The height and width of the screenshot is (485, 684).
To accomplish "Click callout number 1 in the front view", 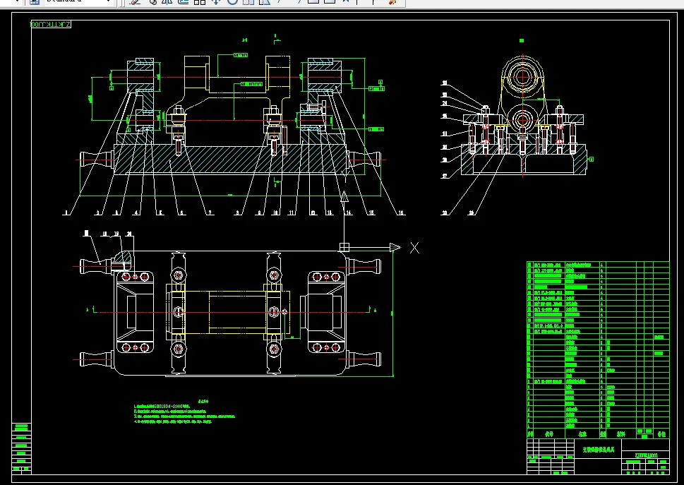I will click(x=64, y=211).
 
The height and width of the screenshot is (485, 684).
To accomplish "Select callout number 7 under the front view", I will click(x=210, y=211).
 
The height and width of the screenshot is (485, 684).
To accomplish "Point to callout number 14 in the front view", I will click(x=348, y=211).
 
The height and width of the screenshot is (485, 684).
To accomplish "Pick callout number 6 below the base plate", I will click(x=181, y=211).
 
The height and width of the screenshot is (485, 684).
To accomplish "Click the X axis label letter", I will click(x=415, y=248).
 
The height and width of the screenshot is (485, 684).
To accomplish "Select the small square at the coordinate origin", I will click(x=344, y=247).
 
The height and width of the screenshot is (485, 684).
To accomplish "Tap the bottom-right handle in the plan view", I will click(x=367, y=360).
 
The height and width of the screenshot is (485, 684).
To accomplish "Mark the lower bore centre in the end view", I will click(x=522, y=118).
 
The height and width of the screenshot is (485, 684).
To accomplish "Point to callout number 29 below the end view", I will click(x=472, y=212).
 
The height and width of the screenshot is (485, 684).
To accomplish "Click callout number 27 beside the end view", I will click(x=445, y=176).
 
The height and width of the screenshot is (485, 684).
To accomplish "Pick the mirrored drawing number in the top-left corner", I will click(x=51, y=25).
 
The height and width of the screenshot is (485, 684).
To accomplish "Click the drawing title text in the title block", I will click(x=598, y=448).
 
